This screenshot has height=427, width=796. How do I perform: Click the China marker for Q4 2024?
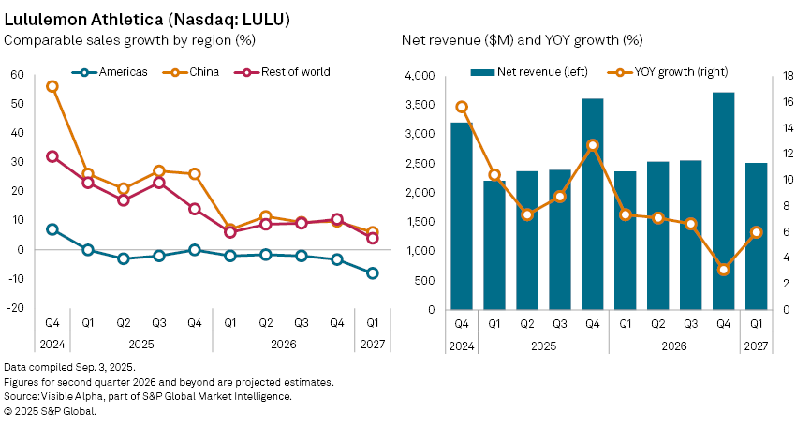click(52, 86)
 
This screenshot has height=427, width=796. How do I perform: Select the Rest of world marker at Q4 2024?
click(52, 156)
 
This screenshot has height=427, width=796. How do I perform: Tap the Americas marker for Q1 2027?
click(373, 273)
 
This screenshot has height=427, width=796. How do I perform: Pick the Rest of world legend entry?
click(288, 72)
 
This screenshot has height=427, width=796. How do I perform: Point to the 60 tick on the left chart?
click(17, 75)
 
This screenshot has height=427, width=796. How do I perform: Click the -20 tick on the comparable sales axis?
click(15, 309)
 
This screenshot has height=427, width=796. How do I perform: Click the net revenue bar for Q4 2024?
click(462, 215)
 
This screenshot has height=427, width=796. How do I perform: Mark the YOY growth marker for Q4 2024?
click(462, 107)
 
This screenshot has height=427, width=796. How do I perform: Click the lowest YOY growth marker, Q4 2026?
click(723, 270)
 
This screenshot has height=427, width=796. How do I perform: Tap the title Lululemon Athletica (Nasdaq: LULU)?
click(140, 16)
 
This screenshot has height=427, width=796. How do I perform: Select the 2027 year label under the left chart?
click(373, 346)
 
